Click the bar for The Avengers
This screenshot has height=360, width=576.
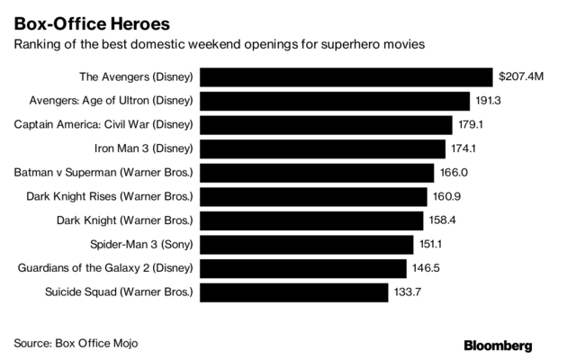click(346, 77)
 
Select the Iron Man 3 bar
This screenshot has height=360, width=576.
click(323, 148)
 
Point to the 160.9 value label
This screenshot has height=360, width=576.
click(447, 196)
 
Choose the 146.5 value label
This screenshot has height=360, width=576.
click(426, 268)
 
